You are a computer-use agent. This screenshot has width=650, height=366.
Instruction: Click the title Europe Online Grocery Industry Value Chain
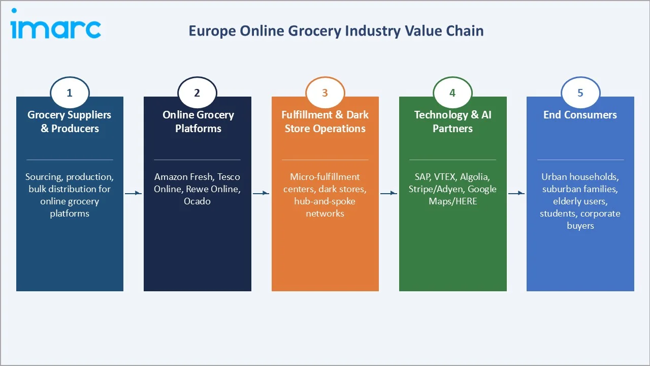[x=336, y=31]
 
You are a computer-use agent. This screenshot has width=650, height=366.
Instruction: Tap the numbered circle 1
[x=70, y=93]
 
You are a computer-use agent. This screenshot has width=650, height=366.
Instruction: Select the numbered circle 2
[x=197, y=93]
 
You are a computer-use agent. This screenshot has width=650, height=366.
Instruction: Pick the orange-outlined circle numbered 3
[x=325, y=93]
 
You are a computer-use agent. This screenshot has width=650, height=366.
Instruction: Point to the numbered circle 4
[x=452, y=93]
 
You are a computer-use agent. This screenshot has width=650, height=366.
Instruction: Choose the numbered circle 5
[x=580, y=93]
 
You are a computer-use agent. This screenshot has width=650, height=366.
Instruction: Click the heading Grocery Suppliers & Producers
[x=70, y=121]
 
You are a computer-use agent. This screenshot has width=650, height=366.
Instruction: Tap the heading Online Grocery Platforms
[x=198, y=121]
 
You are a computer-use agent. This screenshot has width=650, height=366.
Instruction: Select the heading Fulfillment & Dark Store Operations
[x=325, y=121]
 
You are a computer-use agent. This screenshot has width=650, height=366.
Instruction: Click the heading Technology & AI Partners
[x=453, y=121]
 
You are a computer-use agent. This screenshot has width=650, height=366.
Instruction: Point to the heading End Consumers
[x=580, y=115]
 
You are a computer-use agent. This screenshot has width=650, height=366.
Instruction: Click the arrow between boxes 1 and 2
[x=133, y=193]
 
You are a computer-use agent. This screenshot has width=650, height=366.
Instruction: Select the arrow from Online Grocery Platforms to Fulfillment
[x=261, y=193]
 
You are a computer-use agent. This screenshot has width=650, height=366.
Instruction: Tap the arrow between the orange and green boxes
[x=388, y=193]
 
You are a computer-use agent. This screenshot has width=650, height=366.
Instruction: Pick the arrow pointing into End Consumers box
[x=516, y=193]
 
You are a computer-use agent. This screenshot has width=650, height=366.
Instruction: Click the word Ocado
[x=197, y=201]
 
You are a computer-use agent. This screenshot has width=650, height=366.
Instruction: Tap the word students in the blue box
[x=557, y=213]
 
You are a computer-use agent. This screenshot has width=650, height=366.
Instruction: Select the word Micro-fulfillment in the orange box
[x=325, y=177]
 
